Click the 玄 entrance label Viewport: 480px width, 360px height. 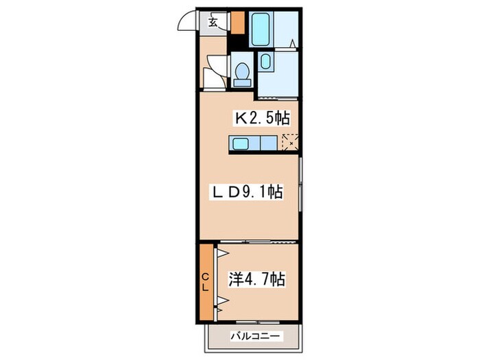[x=213, y=22]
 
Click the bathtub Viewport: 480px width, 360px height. [x=262, y=28]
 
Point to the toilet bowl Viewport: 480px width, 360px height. [x=241, y=72]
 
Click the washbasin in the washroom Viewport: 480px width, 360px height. [x=265, y=64]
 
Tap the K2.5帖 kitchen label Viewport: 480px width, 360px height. [x=262, y=118]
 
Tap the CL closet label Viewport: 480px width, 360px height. [x=205, y=281]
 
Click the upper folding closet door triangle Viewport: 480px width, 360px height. [x=221, y=254]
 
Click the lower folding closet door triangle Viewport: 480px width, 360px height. [x=221, y=301]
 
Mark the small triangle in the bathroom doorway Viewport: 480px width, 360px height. [x=292, y=45]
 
